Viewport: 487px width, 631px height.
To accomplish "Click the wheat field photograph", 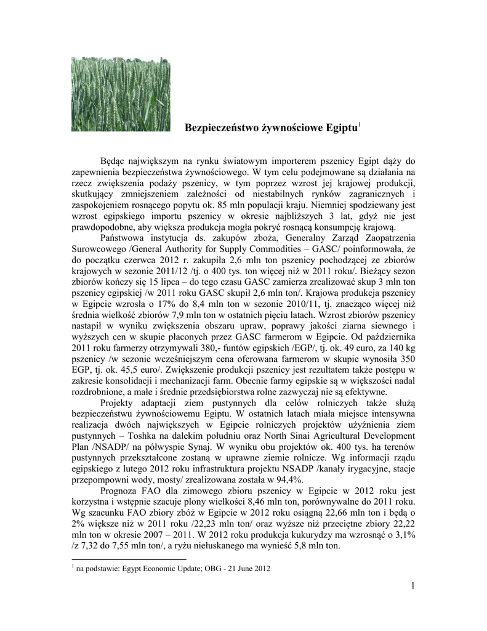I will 121,94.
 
